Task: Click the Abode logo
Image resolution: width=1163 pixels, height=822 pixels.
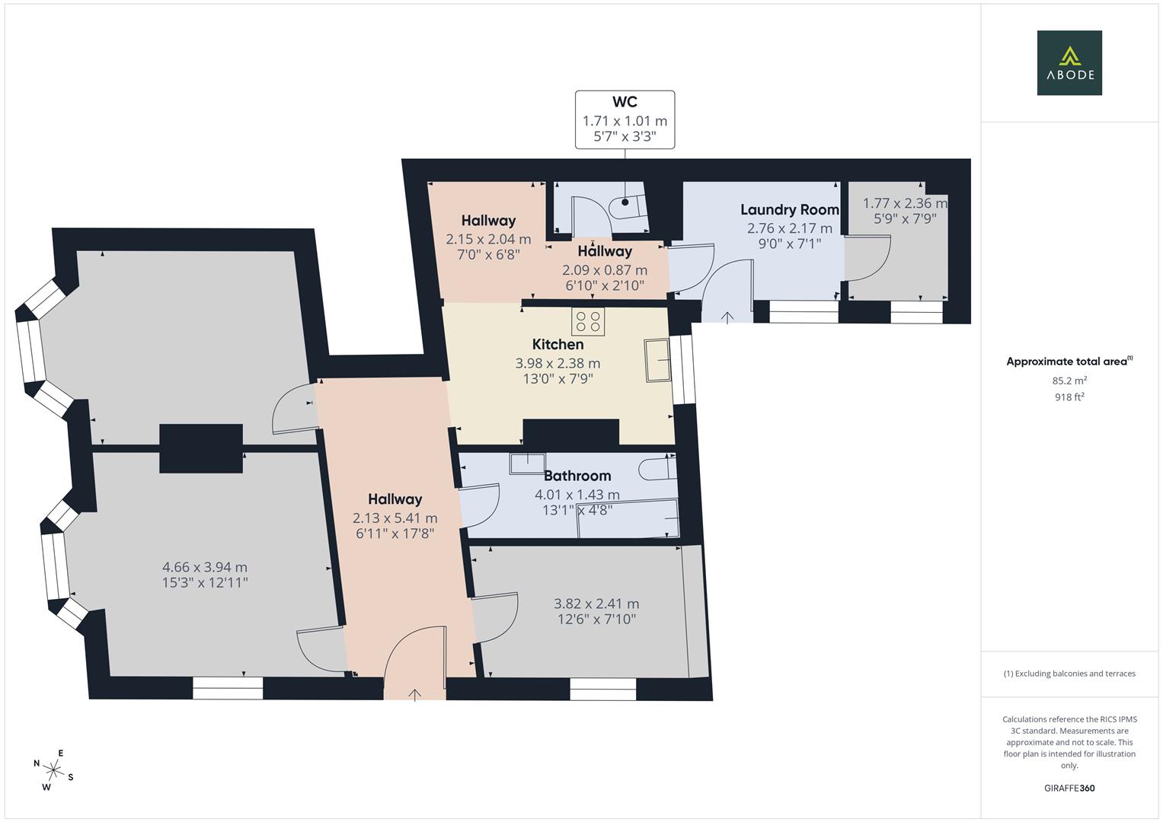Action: pos(1069,63)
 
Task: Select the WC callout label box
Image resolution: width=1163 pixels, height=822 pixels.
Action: pos(625,119)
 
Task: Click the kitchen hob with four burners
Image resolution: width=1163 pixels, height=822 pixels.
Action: pos(588,321)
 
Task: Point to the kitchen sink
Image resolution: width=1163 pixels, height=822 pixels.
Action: pos(657,360)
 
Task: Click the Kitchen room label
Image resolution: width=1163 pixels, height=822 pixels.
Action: pos(558,345)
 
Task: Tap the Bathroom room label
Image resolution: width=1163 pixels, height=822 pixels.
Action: pos(577,476)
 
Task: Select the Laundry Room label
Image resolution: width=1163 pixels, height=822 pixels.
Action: pos(790,209)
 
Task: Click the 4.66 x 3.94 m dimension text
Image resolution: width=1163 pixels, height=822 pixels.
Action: pos(205,567)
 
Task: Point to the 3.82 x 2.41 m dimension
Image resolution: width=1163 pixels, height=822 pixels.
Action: pos(596,604)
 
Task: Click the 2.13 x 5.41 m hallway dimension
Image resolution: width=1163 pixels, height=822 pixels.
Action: pos(395,518)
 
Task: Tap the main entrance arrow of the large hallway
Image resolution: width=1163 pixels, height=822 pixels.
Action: pos(415,694)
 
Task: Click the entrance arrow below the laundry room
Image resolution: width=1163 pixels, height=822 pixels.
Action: pos(727,317)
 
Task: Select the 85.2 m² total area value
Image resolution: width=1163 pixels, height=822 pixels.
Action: pos(1069,381)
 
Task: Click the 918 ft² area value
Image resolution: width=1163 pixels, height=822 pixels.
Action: pos(1069,397)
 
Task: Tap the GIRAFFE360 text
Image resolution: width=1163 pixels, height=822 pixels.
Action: pos(1069,788)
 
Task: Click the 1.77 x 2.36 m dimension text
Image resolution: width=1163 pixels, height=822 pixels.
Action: pos(905,203)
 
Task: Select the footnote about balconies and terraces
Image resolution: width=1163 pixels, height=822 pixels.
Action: pos(1069,674)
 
